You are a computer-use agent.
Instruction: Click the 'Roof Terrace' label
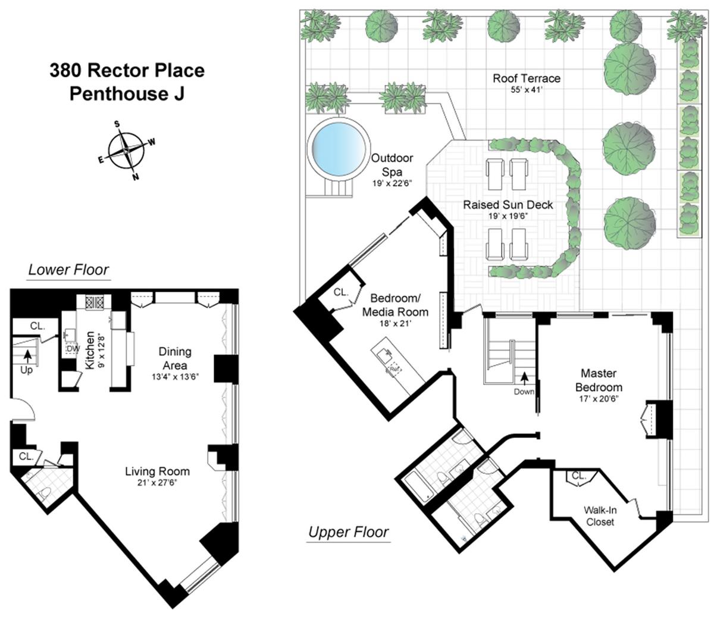point(526,78)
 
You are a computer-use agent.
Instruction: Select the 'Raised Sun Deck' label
point(508,205)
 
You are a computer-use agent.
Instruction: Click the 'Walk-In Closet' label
point(600,515)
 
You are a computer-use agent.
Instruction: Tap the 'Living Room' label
point(157,471)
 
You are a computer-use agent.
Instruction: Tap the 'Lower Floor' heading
point(69,270)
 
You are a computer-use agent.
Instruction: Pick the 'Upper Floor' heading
point(349,532)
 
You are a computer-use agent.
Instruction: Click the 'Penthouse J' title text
point(127,94)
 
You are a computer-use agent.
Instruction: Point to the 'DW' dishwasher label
point(73,349)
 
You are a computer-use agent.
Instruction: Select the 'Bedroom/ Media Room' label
point(399,304)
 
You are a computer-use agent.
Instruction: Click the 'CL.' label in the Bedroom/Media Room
point(340,292)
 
